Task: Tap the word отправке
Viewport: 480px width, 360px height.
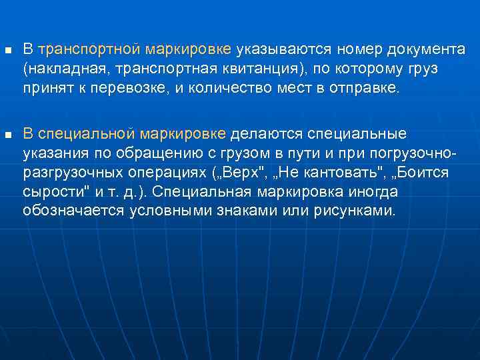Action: [363, 89]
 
